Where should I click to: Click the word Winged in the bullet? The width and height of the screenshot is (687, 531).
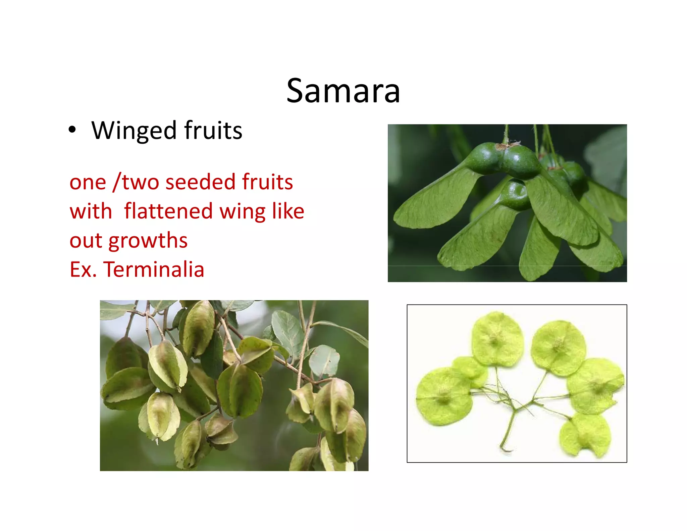134,131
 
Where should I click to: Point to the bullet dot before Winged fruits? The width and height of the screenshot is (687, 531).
72,130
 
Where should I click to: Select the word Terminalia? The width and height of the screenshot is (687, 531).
154,270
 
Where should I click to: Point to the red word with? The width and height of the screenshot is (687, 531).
91,211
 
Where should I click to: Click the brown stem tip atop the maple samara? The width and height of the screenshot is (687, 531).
507,145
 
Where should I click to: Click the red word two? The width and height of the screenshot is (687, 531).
141,182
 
